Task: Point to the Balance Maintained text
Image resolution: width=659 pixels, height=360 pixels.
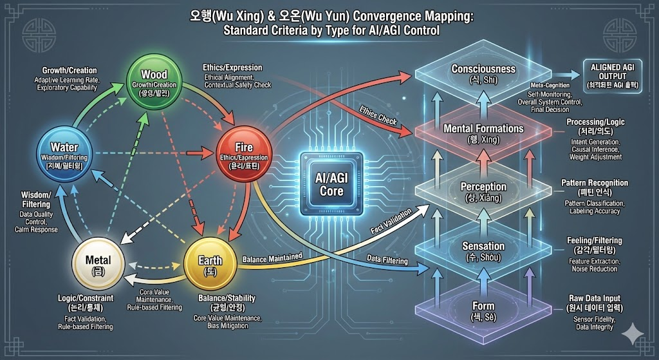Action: tap(272, 258)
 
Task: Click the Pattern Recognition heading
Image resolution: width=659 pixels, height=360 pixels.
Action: tap(594, 183)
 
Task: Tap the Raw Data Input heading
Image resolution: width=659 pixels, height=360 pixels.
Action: tap(594, 298)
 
